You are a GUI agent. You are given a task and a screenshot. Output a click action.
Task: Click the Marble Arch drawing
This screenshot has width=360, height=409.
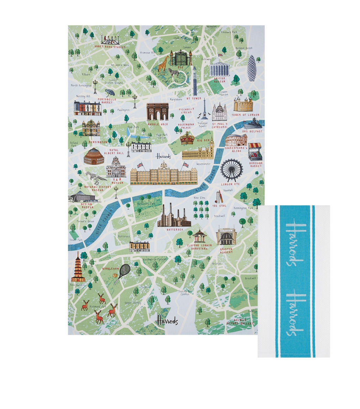click(x=157, y=111)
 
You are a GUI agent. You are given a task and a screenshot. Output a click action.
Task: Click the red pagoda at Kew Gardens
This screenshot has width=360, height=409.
click(x=78, y=267)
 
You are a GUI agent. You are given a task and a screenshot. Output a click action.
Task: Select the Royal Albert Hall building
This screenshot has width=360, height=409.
click(x=94, y=156)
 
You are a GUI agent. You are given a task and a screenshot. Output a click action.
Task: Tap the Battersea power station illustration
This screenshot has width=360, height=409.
click(x=174, y=216)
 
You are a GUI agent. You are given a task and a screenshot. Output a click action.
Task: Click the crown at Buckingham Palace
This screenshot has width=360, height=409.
click(x=187, y=138)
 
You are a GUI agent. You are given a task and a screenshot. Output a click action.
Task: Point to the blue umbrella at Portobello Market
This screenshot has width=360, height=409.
click(x=110, y=92)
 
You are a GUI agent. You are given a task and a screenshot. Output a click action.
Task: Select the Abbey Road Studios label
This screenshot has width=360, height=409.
click(x=110, y=47)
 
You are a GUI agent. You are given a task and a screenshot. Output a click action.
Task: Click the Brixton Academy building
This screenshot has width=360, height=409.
click(x=226, y=237)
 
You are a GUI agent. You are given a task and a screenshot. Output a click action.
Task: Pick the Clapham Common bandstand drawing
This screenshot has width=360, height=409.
click(x=199, y=236)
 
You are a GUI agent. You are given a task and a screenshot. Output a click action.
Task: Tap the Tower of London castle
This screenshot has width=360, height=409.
click(x=243, y=104)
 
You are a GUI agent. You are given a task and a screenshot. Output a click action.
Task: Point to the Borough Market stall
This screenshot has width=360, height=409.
click(x=255, y=152)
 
